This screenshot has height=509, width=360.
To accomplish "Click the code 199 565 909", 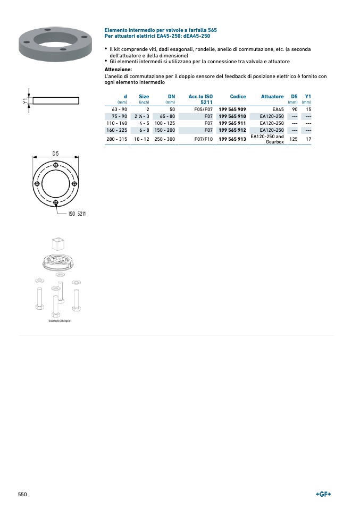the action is click(x=232, y=109).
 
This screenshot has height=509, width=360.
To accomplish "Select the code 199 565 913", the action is click(x=232, y=139).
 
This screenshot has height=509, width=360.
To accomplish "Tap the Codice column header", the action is click(x=238, y=96).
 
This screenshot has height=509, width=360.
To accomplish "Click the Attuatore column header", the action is click(x=272, y=96).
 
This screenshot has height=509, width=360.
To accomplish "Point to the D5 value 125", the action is click(x=294, y=139).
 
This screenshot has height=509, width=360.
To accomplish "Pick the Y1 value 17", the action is click(x=308, y=139).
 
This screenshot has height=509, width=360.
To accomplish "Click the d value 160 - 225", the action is click(x=116, y=130).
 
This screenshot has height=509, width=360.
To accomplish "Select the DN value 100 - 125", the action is click(x=165, y=123).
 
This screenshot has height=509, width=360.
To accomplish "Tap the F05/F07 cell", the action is click(x=203, y=109).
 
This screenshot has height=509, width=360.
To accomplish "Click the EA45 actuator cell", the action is click(x=278, y=109).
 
